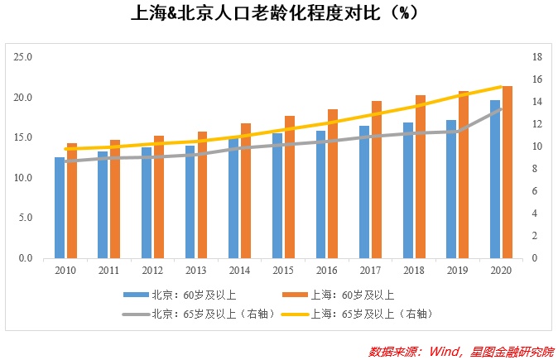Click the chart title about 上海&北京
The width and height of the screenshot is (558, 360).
[x=279, y=14]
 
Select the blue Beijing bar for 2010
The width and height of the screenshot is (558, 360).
[x=60, y=208]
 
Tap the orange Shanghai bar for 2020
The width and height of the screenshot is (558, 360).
[x=507, y=172]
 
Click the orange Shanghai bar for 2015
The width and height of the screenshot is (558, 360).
[x=289, y=187]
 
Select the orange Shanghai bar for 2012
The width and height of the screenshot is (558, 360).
[x=158, y=197]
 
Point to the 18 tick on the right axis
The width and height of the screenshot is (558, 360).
[x=536, y=57]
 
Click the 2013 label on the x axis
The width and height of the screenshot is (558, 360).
[x=195, y=271]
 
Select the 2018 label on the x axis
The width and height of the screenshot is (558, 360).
[x=414, y=271]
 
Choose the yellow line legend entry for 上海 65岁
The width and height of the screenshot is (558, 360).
[x=373, y=314]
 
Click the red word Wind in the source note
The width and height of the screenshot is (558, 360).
[x=445, y=351]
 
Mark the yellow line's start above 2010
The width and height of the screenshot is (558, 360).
[x=65, y=149]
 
